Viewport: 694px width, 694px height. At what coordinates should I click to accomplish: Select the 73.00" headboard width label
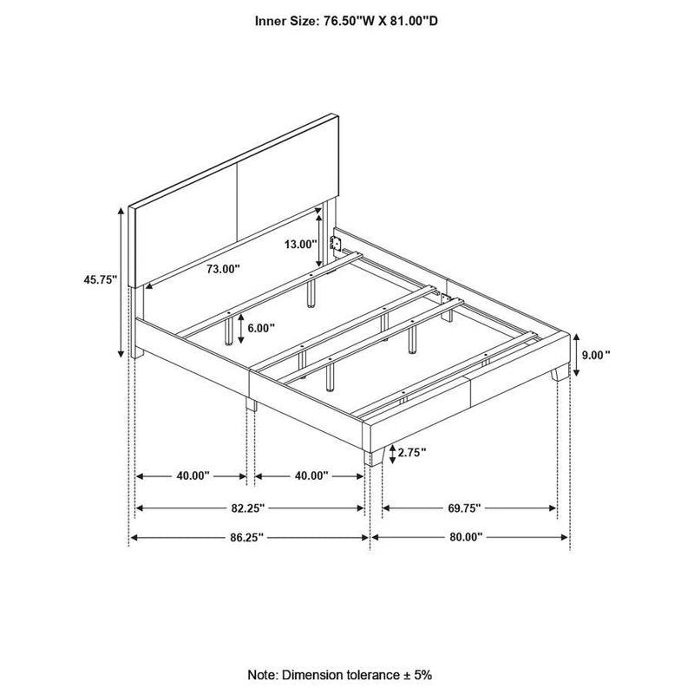[222, 269]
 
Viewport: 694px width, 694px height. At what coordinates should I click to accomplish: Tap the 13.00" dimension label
[300, 245]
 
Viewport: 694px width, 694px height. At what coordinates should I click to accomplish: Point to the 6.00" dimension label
[259, 328]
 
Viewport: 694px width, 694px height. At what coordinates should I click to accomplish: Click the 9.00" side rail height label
[596, 354]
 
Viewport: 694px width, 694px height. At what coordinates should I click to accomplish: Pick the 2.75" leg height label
[414, 452]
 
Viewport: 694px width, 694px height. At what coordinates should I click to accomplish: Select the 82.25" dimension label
[248, 507]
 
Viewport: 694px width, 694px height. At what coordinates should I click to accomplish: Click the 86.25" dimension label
[248, 538]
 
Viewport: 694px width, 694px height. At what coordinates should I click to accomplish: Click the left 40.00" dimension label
[193, 476]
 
